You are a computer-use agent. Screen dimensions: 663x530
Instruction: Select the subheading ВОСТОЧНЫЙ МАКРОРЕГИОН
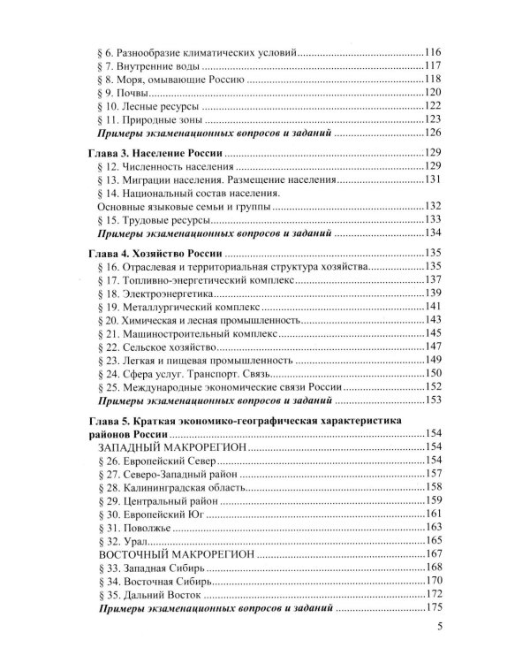173,553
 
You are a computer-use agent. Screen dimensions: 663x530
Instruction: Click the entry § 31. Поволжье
131,527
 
